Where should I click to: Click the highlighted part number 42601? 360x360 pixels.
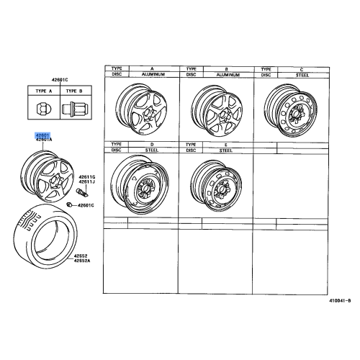(x=42, y=135)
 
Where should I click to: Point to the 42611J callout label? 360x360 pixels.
(x=87, y=182)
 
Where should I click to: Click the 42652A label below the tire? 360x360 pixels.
(x=81, y=260)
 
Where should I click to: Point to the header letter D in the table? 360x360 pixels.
(x=151, y=145)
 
